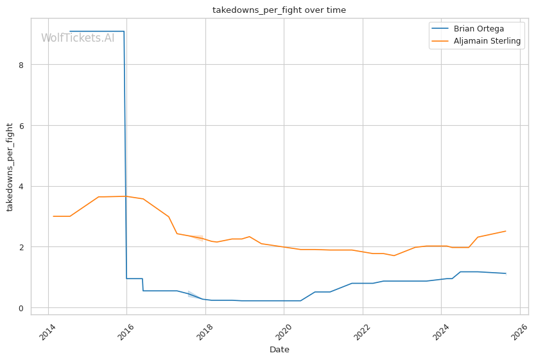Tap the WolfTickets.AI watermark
(x=78, y=38)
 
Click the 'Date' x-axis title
(x=279, y=350)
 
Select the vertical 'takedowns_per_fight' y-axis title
(x=10, y=167)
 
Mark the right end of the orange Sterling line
(x=506, y=231)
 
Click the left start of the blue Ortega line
(x=70, y=31)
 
